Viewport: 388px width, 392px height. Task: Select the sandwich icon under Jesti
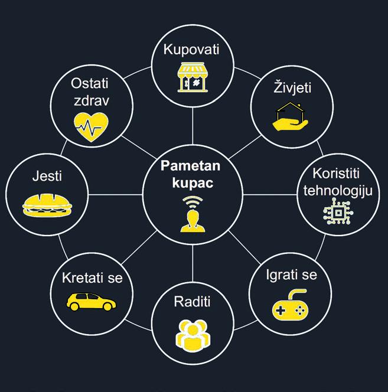[x=47, y=203]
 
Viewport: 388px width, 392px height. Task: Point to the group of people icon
[x=193, y=334]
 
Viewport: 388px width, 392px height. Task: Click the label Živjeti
[x=292, y=89]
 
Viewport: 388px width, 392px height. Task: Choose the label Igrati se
[x=291, y=275]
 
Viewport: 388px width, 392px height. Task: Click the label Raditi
[x=193, y=302]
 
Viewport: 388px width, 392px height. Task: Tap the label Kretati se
[x=92, y=276]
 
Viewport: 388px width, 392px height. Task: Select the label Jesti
[x=47, y=175]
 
